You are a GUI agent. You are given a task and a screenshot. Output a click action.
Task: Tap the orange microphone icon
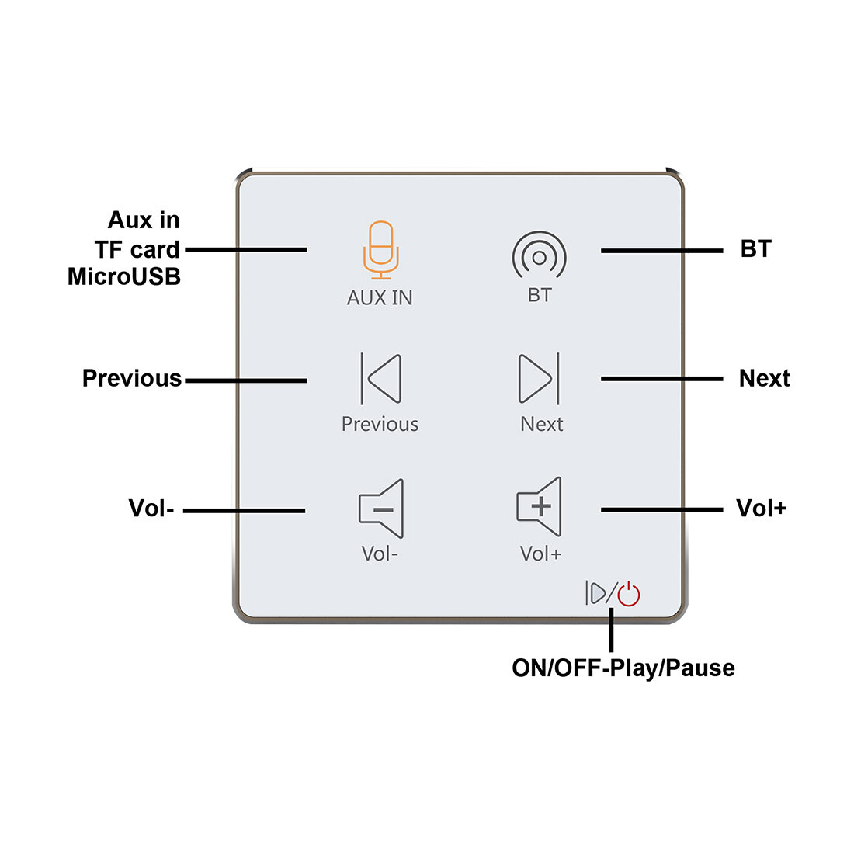380,249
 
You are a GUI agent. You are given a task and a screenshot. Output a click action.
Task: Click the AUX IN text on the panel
380,297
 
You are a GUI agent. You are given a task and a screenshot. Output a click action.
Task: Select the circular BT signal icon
539,255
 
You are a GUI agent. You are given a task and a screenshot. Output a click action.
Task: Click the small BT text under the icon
540,295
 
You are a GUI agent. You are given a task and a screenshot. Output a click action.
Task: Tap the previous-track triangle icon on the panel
381,378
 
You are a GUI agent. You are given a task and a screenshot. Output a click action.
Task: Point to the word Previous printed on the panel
380,424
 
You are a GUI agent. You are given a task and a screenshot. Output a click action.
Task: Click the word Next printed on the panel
541,424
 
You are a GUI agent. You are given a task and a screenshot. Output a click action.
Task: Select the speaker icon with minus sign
381,509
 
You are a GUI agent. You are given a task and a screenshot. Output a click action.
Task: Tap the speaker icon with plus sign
539,506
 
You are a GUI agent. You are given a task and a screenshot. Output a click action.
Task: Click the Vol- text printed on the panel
380,554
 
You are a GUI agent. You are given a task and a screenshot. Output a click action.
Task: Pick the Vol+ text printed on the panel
540,554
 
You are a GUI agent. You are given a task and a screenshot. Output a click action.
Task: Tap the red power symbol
629,595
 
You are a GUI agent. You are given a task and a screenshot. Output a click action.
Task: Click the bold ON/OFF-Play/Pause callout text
623,668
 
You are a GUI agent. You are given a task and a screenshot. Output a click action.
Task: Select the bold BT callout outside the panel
755,249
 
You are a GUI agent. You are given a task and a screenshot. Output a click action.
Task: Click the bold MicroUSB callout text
124,276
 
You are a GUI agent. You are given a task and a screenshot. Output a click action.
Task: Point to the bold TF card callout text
137,249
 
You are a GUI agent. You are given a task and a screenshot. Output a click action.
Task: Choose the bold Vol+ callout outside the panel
761,509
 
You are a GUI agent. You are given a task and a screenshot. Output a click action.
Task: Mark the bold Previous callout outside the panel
132,378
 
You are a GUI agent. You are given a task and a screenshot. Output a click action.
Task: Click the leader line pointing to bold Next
661,378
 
